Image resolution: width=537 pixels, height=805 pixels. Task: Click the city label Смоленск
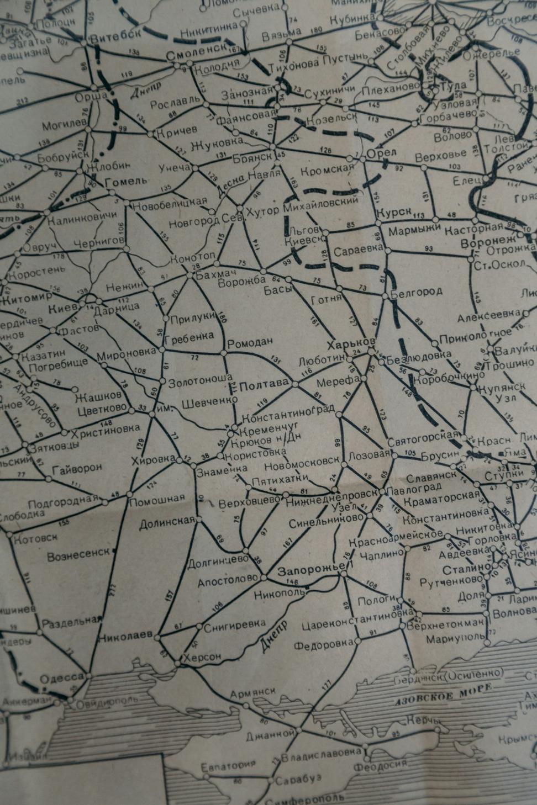point(196,56)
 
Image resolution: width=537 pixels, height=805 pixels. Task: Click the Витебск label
point(115,38)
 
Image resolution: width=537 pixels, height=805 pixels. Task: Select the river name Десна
point(223,188)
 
